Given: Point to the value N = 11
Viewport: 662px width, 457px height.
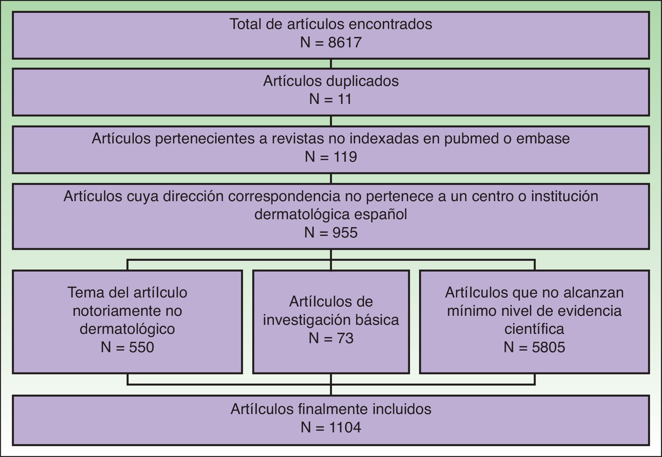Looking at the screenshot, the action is point(330,100).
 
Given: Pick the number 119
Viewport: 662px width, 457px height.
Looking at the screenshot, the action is point(345,157).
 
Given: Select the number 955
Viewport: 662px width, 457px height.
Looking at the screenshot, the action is point(345,233).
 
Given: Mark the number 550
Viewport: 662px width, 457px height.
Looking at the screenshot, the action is point(141,348).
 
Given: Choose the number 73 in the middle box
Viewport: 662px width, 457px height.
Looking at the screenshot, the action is point(345,339).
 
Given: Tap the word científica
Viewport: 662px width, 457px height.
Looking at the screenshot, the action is point(534,329).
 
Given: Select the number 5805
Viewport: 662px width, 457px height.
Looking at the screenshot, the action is point(548,348).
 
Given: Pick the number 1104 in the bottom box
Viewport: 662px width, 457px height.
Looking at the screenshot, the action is point(345,428).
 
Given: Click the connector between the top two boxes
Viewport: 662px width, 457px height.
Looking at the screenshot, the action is point(331,64).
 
